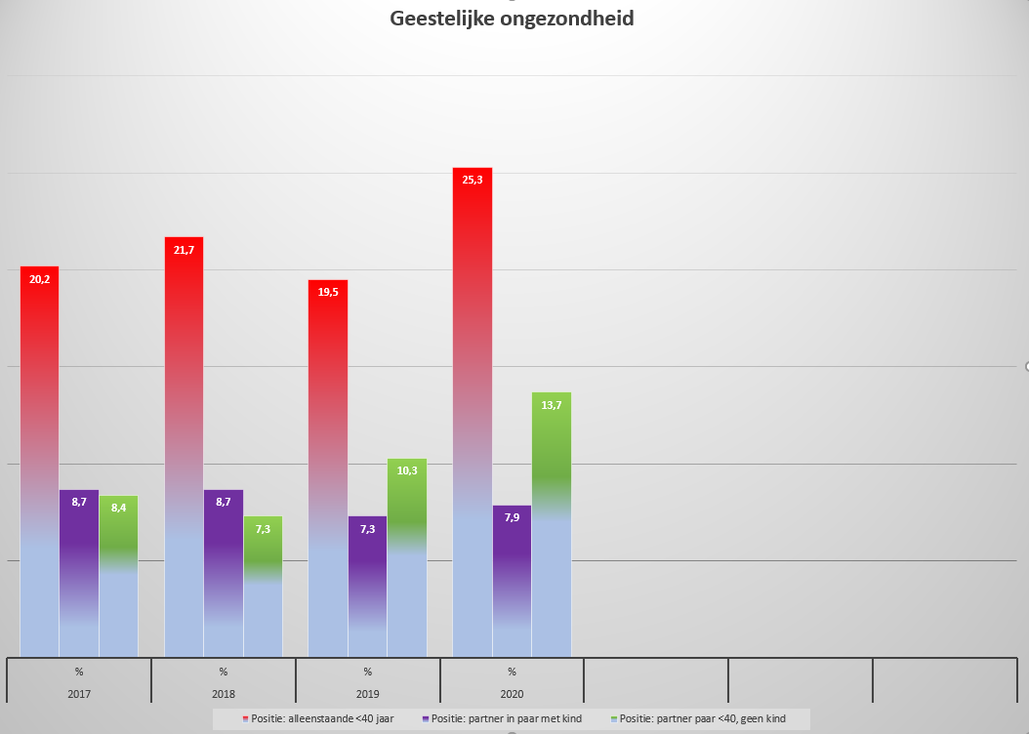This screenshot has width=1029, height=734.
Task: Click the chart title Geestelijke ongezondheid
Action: tap(512, 19)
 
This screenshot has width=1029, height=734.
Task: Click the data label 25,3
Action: tap(473, 180)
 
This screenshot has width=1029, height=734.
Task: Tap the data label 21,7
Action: tap(184, 250)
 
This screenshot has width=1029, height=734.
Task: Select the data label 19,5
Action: tap(328, 293)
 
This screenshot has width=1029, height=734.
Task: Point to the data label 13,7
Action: tap(552, 405)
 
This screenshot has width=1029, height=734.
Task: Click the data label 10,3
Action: tap(407, 470)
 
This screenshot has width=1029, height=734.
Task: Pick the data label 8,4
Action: tap(118, 508)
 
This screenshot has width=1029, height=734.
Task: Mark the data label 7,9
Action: tap(512, 517)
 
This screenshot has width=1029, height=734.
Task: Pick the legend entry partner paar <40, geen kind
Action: tap(701, 719)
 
